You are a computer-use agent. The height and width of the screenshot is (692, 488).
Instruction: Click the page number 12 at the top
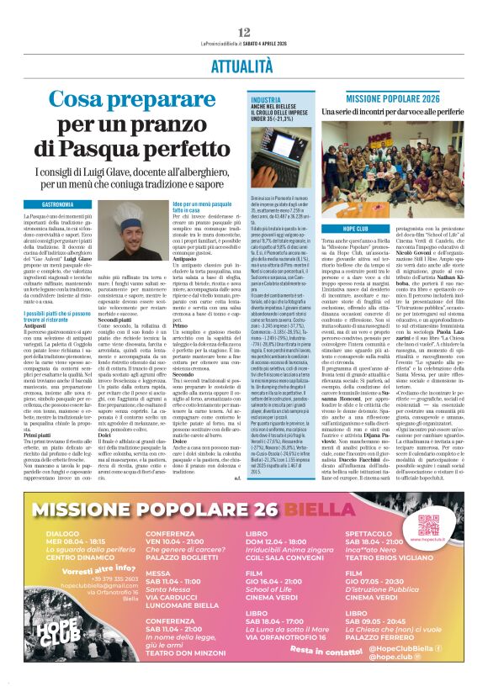click(x=244, y=32)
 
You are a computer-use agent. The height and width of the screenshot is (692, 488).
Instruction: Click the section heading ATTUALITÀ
click(x=243, y=64)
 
